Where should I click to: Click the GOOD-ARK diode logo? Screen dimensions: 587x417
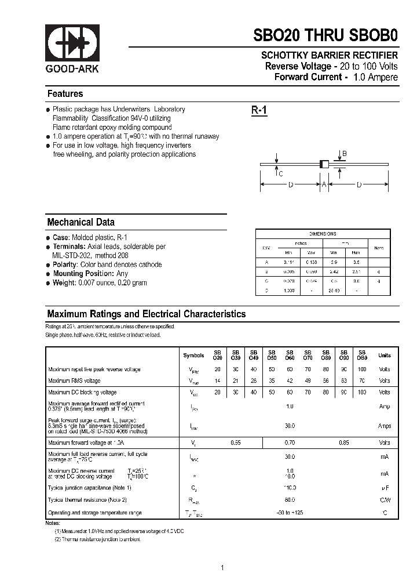point(72,43)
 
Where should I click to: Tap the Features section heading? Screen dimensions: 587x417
point(65,94)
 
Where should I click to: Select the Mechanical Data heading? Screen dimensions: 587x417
point(81,222)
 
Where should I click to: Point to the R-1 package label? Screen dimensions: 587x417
point(259,111)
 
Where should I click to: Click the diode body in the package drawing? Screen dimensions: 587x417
point(325,164)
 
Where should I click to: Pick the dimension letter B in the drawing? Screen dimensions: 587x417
point(344,154)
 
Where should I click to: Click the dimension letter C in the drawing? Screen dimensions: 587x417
point(280,173)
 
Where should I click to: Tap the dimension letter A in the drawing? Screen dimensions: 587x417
point(324,184)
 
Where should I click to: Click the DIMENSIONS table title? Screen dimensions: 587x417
point(323,234)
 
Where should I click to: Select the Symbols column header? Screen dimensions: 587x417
point(193,355)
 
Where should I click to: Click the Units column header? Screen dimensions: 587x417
point(385,355)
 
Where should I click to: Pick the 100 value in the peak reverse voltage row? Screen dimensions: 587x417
point(362,369)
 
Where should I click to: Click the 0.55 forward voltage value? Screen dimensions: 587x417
point(236,443)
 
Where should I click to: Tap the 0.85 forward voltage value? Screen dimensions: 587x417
point(344,443)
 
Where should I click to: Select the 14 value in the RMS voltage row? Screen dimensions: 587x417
point(218,381)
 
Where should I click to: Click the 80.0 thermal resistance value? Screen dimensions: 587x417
point(290,499)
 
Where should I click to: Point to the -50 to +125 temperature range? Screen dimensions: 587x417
point(290,513)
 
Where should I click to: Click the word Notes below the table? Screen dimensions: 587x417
point(53,523)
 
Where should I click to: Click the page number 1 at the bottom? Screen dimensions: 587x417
point(222,568)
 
